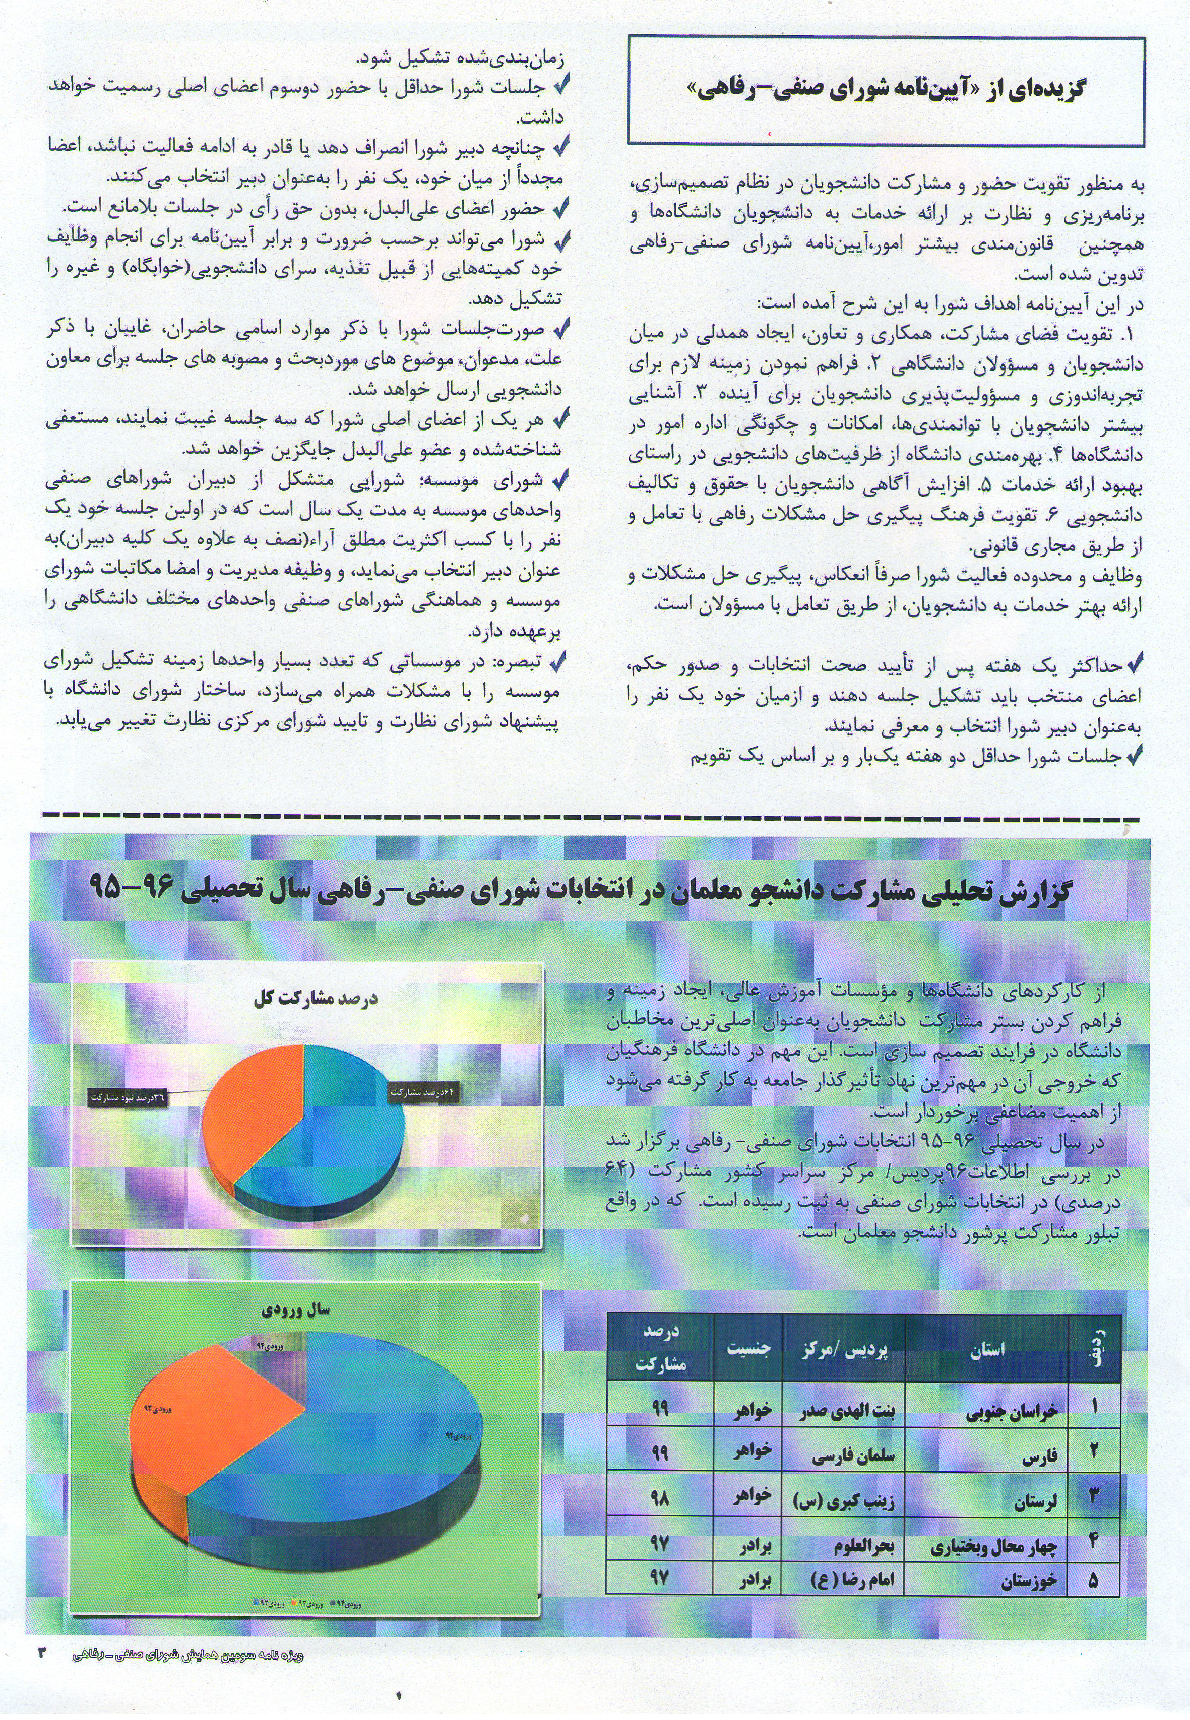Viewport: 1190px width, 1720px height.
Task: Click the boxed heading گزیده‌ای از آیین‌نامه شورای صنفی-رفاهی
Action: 886,89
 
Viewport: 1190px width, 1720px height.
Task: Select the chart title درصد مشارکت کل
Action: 316,998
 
